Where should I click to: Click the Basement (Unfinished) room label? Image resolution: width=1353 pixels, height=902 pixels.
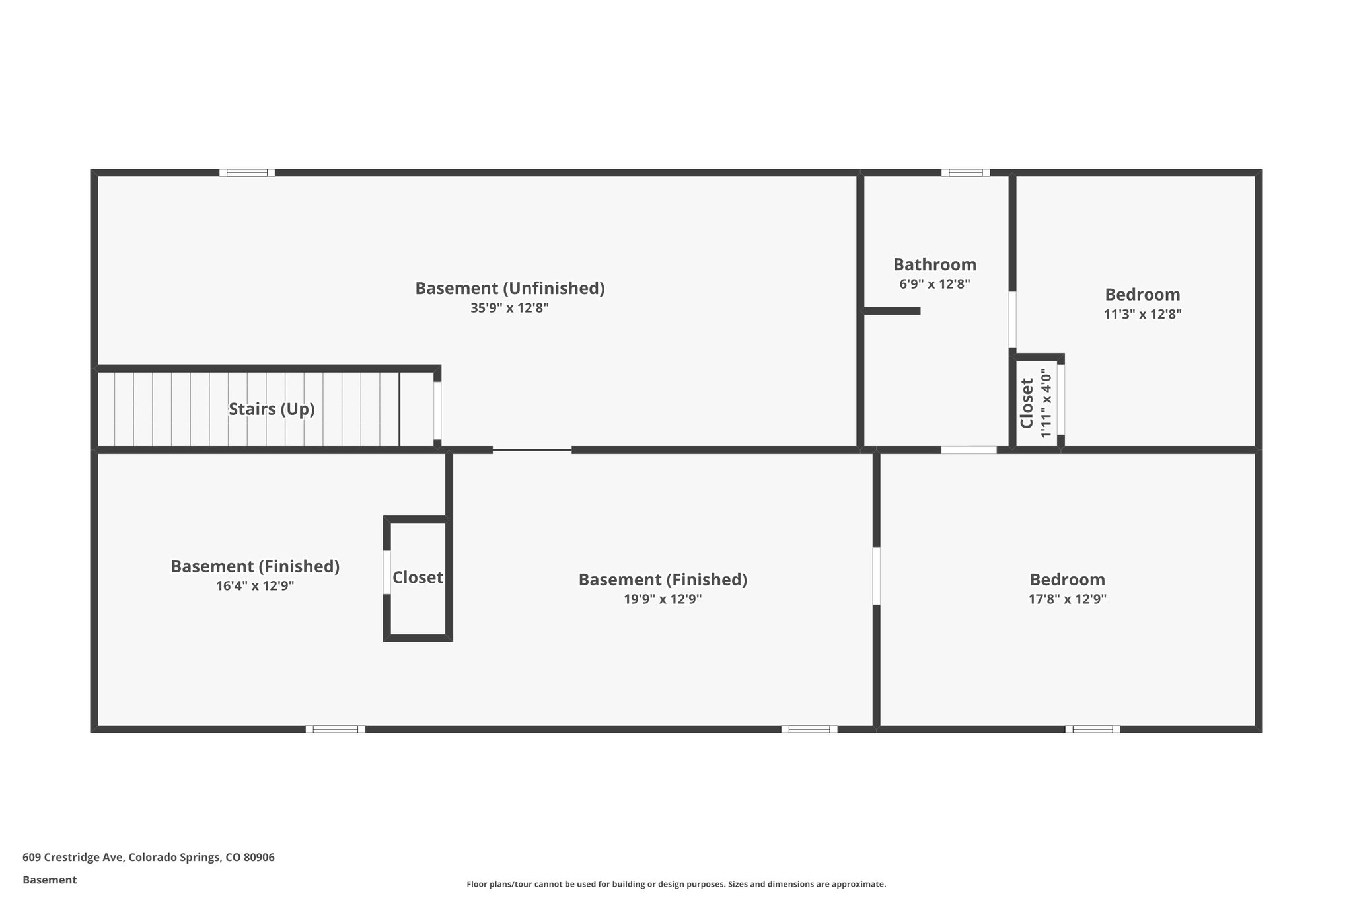(x=509, y=289)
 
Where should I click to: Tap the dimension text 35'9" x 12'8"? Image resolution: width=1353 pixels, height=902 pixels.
(x=509, y=308)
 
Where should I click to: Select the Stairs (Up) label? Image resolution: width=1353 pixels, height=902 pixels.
(x=272, y=409)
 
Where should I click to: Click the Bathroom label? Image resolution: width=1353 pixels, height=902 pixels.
(x=935, y=264)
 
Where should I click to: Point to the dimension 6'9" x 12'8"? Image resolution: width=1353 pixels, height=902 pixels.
(x=935, y=284)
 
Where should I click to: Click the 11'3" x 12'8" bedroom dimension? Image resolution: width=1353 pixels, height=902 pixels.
(x=1142, y=315)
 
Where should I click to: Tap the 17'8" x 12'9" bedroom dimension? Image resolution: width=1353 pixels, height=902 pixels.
(x=1067, y=599)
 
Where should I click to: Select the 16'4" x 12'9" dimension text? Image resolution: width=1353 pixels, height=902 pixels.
(x=255, y=586)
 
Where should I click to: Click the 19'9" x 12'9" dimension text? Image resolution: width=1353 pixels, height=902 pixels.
(x=663, y=599)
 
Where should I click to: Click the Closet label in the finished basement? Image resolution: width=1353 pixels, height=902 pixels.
(x=418, y=578)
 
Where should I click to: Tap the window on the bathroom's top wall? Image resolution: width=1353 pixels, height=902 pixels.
(x=965, y=173)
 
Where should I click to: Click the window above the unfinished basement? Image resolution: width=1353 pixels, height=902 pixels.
(x=247, y=173)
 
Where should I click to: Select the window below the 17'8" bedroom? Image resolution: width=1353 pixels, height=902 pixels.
(x=1092, y=730)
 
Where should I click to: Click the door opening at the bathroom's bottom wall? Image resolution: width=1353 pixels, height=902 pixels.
(x=969, y=450)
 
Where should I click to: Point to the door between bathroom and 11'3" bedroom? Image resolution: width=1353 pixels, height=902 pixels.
(x=1012, y=320)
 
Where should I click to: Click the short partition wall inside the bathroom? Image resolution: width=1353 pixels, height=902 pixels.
(x=892, y=311)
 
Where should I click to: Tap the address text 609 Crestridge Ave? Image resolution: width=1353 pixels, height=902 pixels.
(x=149, y=857)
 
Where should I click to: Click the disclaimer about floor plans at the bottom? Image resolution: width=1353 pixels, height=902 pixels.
(x=676, y=884)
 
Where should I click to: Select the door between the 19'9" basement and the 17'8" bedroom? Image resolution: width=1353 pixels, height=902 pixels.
(x=876, y=576)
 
